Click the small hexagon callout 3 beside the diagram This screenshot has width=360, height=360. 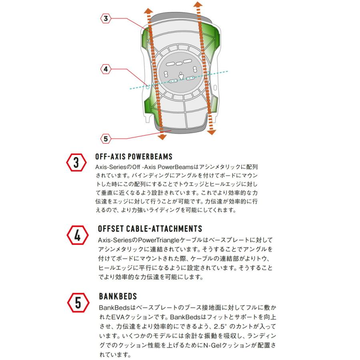[105, 18]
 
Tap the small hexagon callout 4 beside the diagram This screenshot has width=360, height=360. [105, 69]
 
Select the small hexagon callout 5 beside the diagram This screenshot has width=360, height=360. [105, 139]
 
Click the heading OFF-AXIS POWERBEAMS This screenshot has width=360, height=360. [134, 156]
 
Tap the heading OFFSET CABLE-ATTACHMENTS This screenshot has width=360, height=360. [150, 229]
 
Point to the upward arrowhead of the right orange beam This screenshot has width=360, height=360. [197, 5]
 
